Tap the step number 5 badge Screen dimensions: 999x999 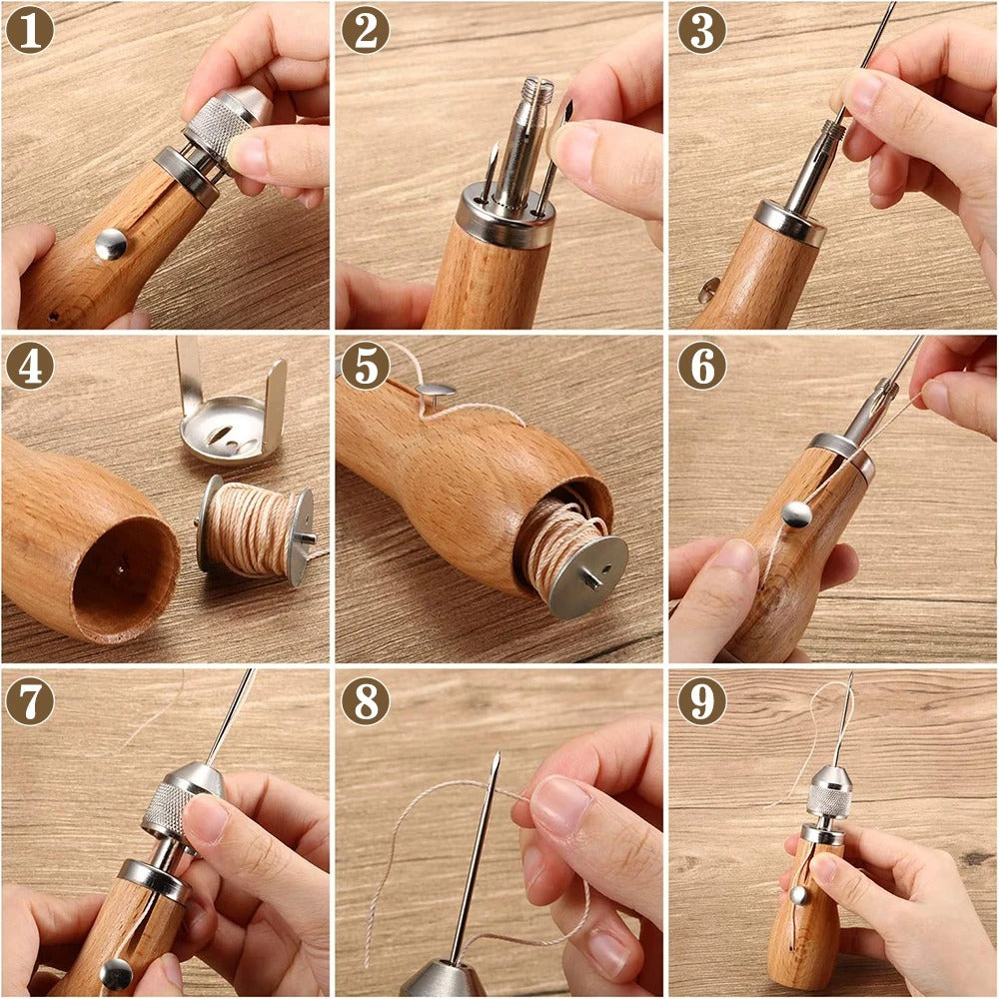(x=365, y=366)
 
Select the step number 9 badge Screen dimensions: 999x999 (x=701, y=701)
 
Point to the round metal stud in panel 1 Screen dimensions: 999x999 (x=111, y=243)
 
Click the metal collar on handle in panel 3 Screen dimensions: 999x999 (x=789, y=222)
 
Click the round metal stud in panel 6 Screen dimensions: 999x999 (x=796, y=513)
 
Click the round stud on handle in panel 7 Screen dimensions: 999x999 (x=117, y=972)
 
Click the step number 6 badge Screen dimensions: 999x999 (x=701, y=366)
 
